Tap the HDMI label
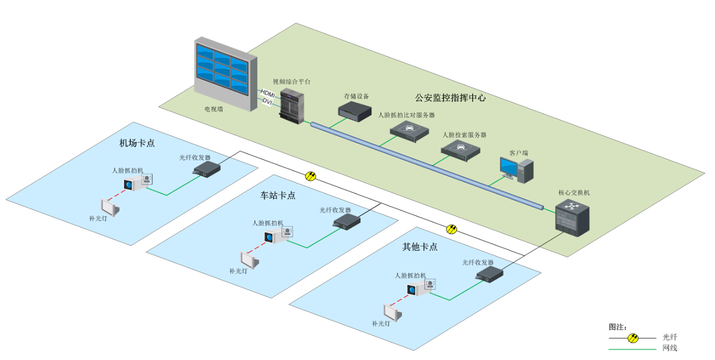[267, 92]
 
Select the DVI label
[268, 101]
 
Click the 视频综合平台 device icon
[291, 106]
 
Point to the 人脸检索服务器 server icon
[460, 150]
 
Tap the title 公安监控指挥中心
[450, 97]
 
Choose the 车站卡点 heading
[278, 195]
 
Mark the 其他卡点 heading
[420, 247]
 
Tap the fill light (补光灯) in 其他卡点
[392, 312]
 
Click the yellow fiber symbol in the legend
[633, 338]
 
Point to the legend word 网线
[670, 348]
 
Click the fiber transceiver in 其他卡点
[489, 274]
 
